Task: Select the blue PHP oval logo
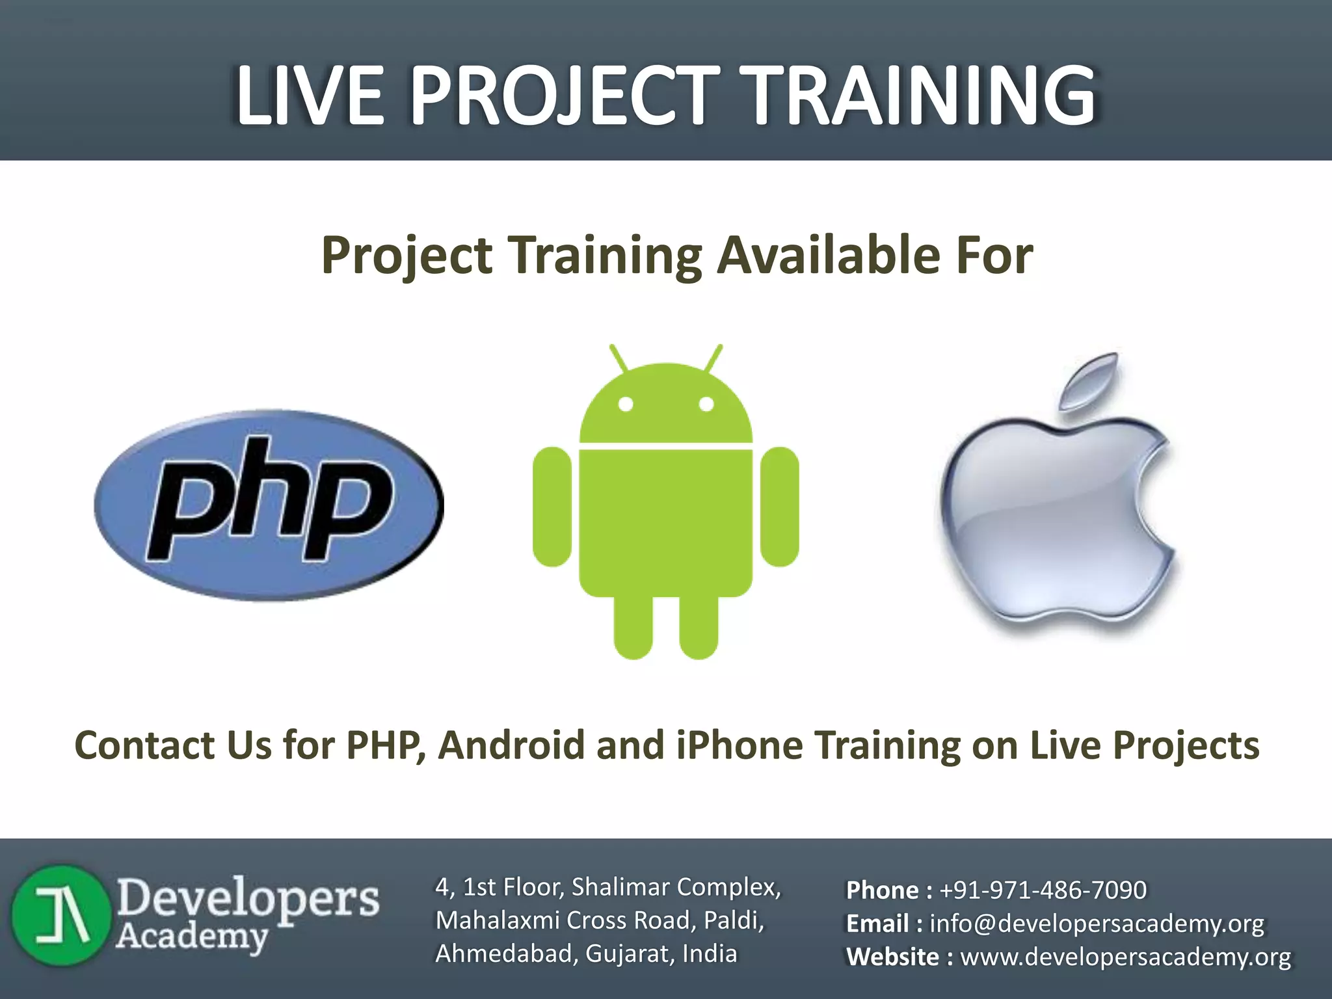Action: click(x=269, y=505)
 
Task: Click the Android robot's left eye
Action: click(x=626, y=404)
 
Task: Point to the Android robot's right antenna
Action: click(x=714, y=359)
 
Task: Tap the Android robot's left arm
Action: click(x=552, y=507)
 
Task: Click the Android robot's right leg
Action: click(x=699, y=624)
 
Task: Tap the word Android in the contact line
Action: click(x=512, y=745)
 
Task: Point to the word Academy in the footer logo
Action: click(x=192, y=937)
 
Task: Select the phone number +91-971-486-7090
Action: click(x=1043, y=890)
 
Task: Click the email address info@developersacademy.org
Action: click(x=1097, y=924)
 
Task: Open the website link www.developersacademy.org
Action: click(x=1125, y=957)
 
